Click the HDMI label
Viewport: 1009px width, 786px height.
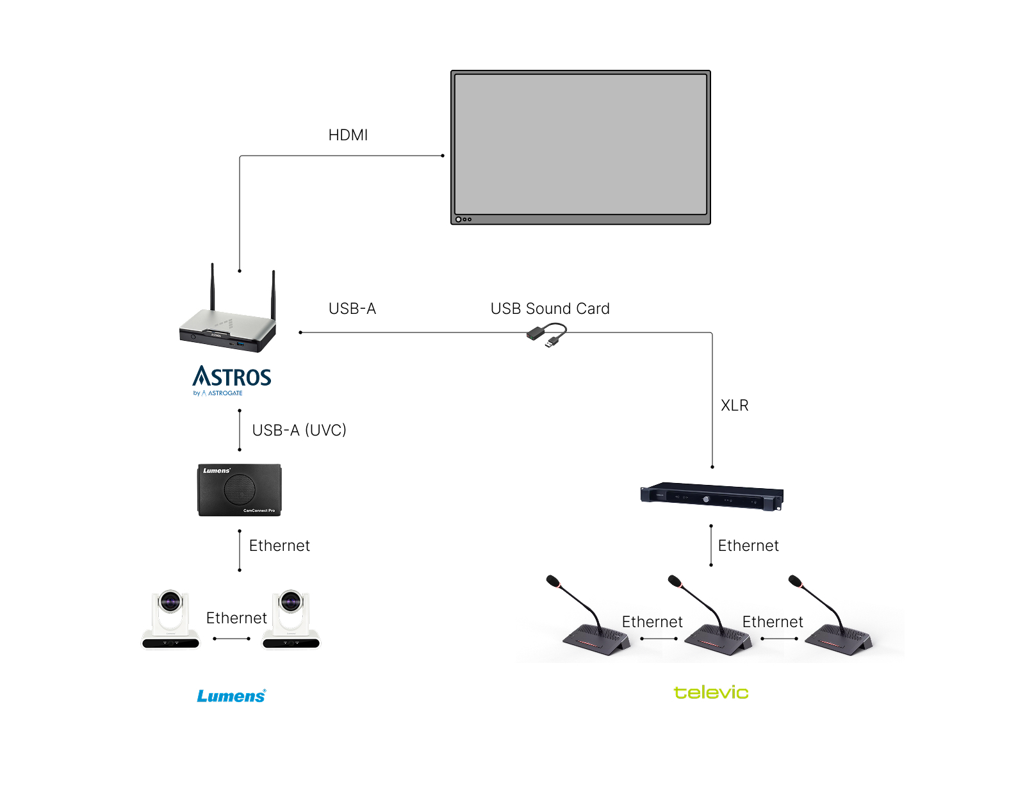point(348,135)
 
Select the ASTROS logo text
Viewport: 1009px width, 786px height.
point(232,377)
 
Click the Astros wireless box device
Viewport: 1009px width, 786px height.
point(227,327)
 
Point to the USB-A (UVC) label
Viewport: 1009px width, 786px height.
point(299,430)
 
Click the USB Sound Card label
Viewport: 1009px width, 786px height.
point(550,309)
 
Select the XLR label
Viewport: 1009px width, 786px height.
point(734,405)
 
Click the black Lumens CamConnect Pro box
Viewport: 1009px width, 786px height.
point(239,490)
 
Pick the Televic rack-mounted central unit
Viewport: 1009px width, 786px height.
point(712,496)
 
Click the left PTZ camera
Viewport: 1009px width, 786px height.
point(170,619)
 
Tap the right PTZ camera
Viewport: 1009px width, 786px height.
point(291,619)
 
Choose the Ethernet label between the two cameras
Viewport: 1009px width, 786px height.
point(236,618)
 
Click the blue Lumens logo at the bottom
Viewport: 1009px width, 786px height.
point(231,696)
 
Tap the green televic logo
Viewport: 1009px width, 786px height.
point(710,692)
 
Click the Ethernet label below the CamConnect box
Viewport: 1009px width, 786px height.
point(279,546)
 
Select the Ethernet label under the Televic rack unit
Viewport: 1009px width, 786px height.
point(748,546)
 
